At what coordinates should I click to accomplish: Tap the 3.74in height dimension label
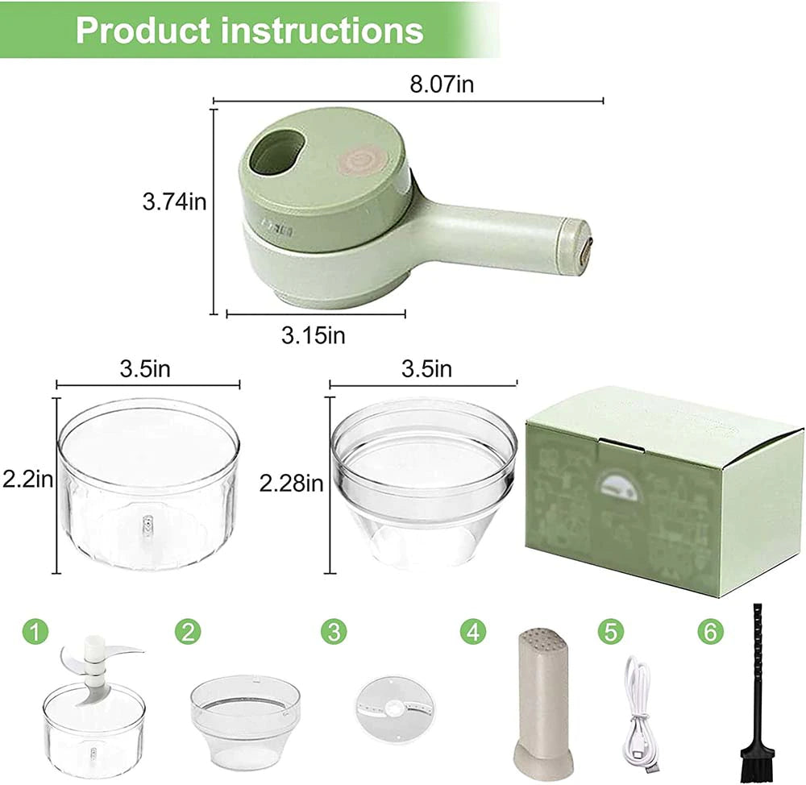[x=174, y=201]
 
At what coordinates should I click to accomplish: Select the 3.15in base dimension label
[x=313, y=334]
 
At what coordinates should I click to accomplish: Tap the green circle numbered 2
[x=188, y=631]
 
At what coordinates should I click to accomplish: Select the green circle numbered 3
[x=333, y=631]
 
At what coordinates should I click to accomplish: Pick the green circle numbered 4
[x=473, y=631]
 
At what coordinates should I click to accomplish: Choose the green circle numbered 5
[x=610, y=631]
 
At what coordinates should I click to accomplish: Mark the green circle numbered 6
[x=709, y=631]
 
